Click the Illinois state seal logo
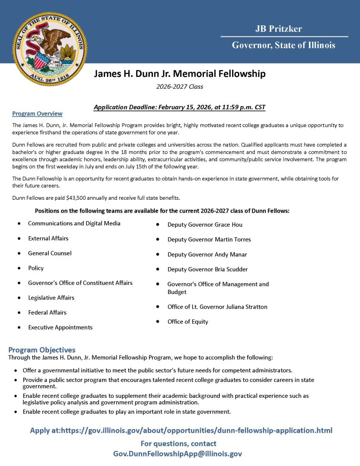[50, 49]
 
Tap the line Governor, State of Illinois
[284, 45]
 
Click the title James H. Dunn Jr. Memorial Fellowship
[180, 74]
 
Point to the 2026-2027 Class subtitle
[179, 86]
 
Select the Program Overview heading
[37, 114]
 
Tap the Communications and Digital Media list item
[74, 223]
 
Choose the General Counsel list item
[50, 253]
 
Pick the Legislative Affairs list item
[51, 298]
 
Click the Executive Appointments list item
[60, 327]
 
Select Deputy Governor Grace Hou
[205, 225]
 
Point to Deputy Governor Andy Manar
[207, 254]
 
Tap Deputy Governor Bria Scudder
[208, 269]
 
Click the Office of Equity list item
[188, 322]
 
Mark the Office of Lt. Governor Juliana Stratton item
[217, 307]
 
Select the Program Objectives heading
[42, 350]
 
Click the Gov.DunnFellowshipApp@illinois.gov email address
[177, 454]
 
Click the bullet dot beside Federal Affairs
[19, 313]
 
